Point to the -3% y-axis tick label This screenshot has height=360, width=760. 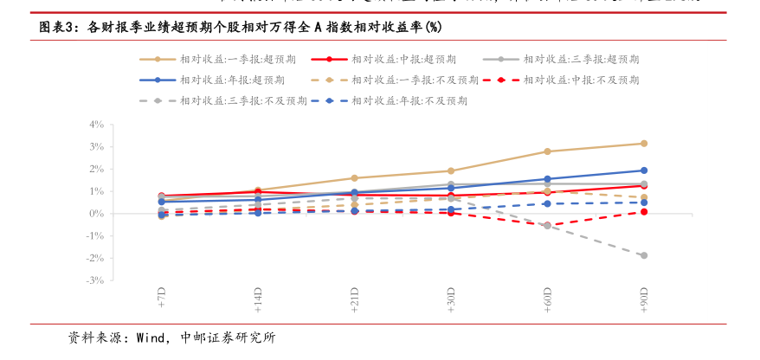(95, 280)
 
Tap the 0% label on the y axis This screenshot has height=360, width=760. (97, 214)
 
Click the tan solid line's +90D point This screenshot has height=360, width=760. (643, 144)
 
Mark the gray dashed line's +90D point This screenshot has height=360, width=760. (643, 255)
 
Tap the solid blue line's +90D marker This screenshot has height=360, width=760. (643, 170)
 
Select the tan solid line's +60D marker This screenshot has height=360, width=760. (547, 151)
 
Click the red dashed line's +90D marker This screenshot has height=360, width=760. (643, 211)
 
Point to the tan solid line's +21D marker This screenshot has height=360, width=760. (355, 178)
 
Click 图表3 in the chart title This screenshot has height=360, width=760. (60, 28)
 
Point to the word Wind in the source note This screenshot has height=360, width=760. (151, 337)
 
